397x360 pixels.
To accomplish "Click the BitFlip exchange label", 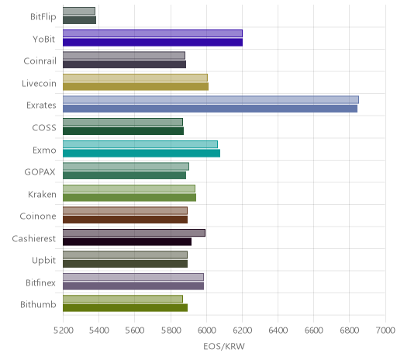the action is [x=43, y=17].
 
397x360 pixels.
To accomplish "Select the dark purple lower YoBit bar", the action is [x=153, y=42].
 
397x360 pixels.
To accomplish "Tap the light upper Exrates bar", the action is [x=211, y=99].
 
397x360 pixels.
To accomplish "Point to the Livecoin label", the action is [x=39, y=83].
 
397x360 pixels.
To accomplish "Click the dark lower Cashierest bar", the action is [x=127, y=241].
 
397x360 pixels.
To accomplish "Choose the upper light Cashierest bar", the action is [x=134, y=233].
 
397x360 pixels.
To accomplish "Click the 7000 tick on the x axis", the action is [x=385, y=331].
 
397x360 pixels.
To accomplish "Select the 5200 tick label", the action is [x=64, y=331].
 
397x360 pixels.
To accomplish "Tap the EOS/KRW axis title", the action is [x=224, y=346].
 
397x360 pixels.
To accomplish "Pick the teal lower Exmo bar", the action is [x=141, y=153].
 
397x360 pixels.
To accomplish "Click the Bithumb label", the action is [x=38, y=305].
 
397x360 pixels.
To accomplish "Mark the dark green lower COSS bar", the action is [x=123, y=131].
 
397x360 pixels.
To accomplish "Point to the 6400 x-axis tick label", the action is [x=278, y=331].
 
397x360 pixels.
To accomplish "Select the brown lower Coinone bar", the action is [x=125, y=220].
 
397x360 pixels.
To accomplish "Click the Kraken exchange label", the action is [x=42, y=194].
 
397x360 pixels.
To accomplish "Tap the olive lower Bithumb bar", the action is [x=125, y=308].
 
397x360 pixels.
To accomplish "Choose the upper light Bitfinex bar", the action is [x=133, y=277].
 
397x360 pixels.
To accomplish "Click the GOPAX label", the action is [x=40, y=172].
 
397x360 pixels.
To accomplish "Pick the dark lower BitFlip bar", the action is [x=79, y=20].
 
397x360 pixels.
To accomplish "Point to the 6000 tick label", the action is [x=206, y=331].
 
